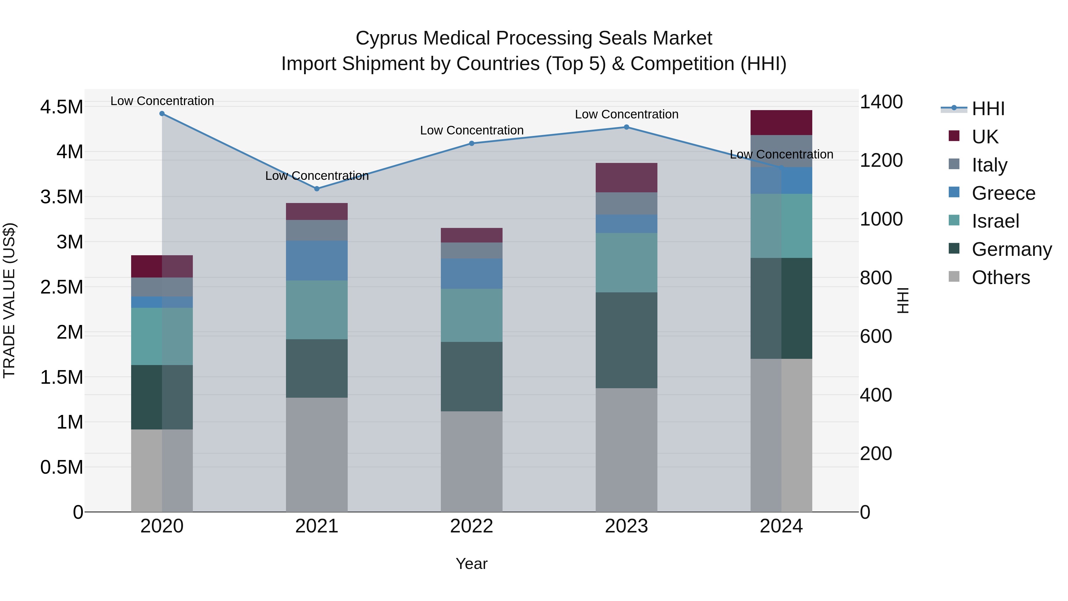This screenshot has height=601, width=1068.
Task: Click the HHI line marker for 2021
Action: click(317, 189)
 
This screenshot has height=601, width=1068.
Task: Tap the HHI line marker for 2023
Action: click(627, 127)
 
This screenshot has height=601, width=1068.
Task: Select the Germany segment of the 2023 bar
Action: click(627, 340)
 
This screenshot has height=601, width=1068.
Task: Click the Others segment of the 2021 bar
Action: click(317, 455)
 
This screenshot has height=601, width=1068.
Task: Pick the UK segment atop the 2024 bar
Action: click(781, 123)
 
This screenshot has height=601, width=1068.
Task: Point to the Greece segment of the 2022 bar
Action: click(471, 274)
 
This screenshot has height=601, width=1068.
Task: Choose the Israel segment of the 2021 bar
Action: click(317, 310)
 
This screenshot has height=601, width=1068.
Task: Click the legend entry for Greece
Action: click(1003, 193)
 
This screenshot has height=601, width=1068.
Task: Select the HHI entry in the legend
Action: click(988, 109)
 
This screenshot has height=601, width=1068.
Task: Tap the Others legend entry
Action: click(1000, 277)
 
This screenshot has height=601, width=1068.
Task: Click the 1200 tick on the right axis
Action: click(881, 161)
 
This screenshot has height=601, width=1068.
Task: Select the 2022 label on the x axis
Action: click(471, 526)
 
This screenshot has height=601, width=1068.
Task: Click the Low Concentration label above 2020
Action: click(162, 101)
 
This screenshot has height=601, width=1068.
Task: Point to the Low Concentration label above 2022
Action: click(472, 130)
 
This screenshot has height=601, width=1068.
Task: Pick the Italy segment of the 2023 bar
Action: click(627, 203)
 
